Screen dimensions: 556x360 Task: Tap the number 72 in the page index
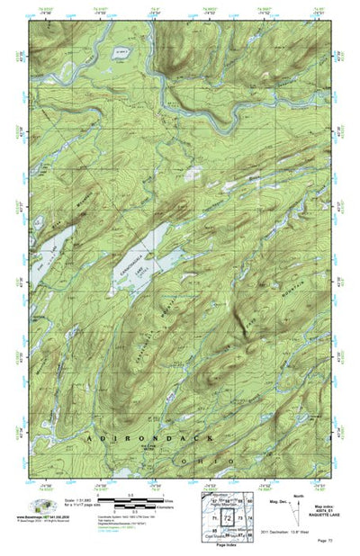point(227,521)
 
